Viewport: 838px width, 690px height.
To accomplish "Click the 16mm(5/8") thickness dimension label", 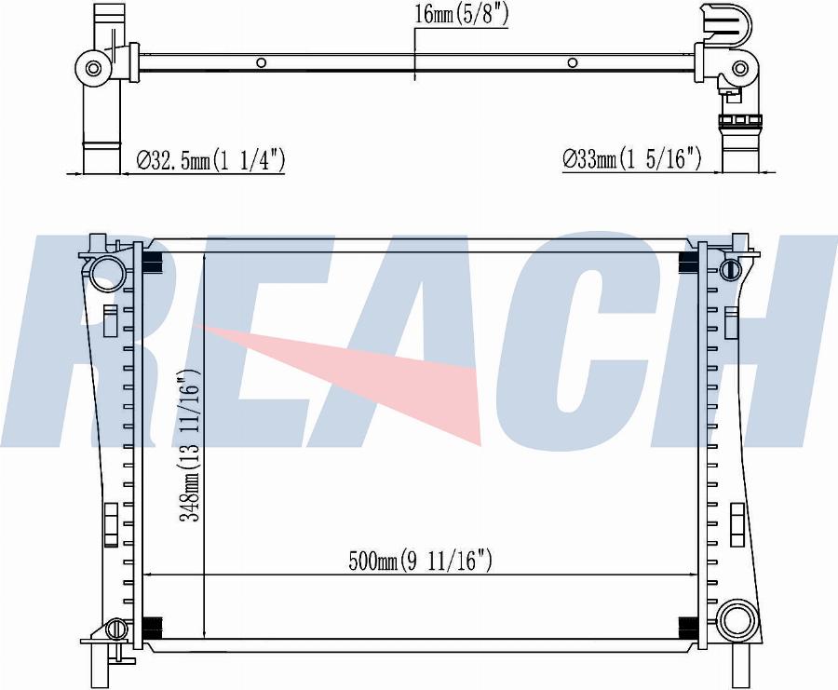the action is tap(461, 15).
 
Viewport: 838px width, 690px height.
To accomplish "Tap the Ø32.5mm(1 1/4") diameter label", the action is tap(210, 160).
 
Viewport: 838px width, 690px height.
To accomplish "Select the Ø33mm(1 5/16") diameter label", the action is tap(631, 158).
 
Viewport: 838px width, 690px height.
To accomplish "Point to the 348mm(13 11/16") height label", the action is tap(189, 445).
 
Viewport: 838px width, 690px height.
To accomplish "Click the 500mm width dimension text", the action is tap(420, 561).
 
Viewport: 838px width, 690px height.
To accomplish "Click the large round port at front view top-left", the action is tap(108, 273).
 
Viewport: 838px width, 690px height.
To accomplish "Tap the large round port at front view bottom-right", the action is tap(737, 619).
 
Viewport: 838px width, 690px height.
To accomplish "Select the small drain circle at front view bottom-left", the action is tap(115, 629).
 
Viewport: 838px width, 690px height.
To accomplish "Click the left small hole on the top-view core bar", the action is tap(262, 62).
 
